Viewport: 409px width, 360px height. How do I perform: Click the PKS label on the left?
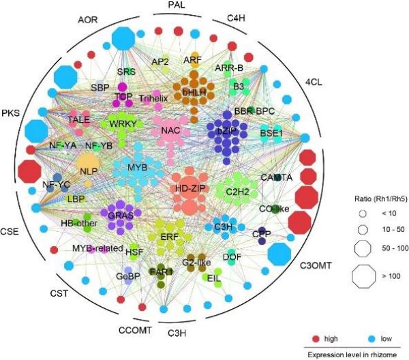pyautogui.click(x=10, y=110)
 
